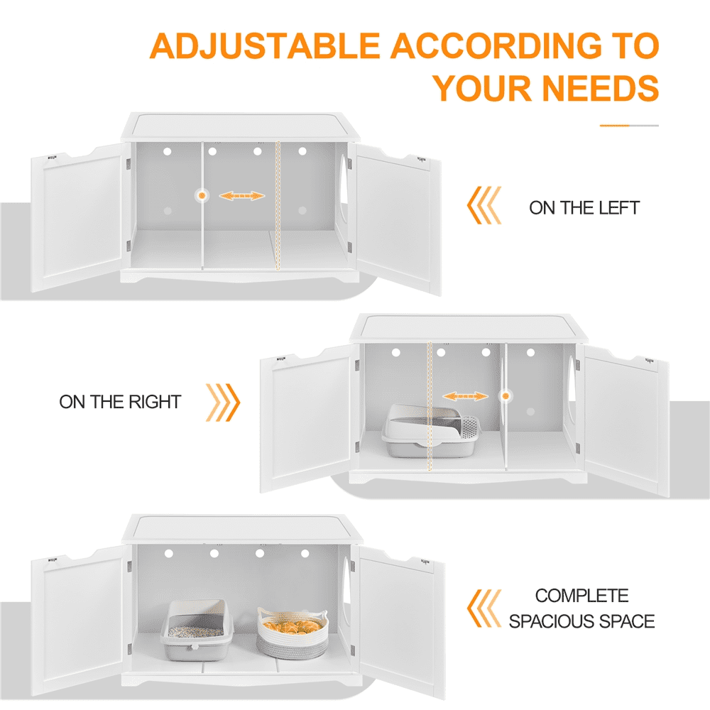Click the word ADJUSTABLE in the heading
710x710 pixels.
click(265, 46)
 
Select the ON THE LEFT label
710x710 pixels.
click(584, 208)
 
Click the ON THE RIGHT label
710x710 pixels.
click(120, 402)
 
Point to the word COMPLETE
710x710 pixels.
click(582, 596)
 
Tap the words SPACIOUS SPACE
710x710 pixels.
click(582, 621)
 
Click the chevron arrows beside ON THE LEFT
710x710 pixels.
click(484, 205)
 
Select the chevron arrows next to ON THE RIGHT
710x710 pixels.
click(223, 403)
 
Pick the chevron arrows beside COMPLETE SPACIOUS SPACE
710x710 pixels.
click(484, 608)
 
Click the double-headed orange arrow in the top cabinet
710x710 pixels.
click(242, 196)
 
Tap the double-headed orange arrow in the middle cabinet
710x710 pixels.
click(466, 396)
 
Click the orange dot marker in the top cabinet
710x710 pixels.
click(202, 196)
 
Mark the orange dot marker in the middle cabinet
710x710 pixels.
click(506, 396)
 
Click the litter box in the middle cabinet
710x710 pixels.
click(430, 431)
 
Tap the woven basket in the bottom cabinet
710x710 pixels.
click(292, 633)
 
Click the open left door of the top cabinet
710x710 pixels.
click(77, 217)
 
